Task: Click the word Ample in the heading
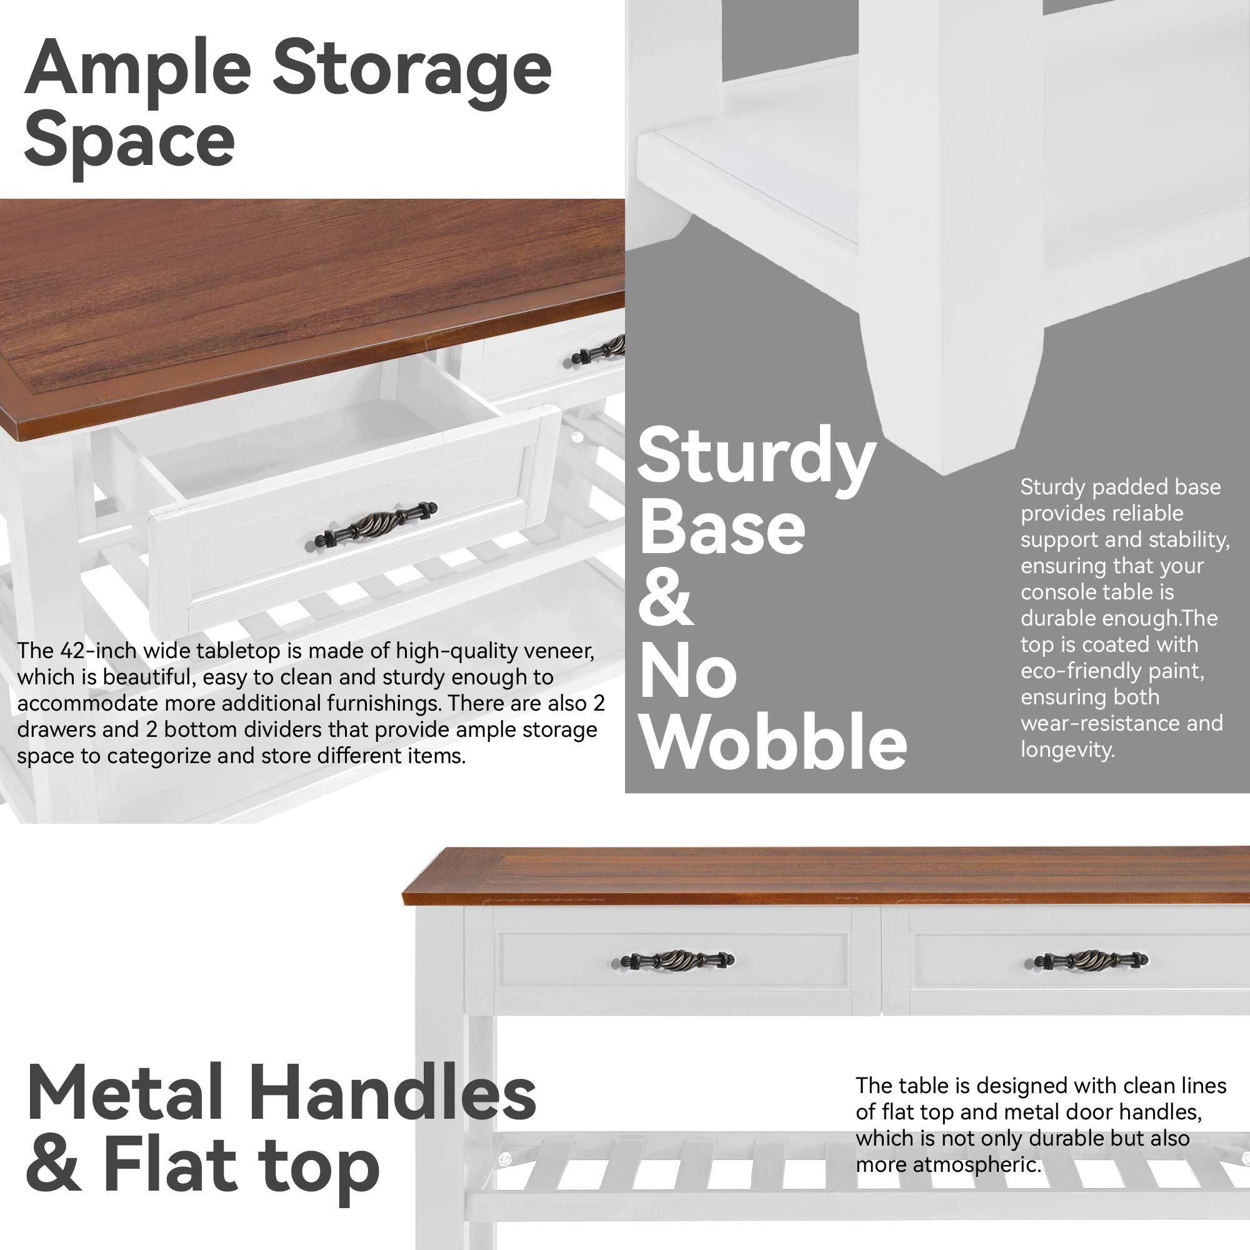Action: [x=137, y=72]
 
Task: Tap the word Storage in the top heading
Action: [x=411, y=72]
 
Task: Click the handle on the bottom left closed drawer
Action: [x=677, y=960]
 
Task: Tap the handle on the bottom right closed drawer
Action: [x=1091, y=960]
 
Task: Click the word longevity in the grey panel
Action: [x=1067, y=751]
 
